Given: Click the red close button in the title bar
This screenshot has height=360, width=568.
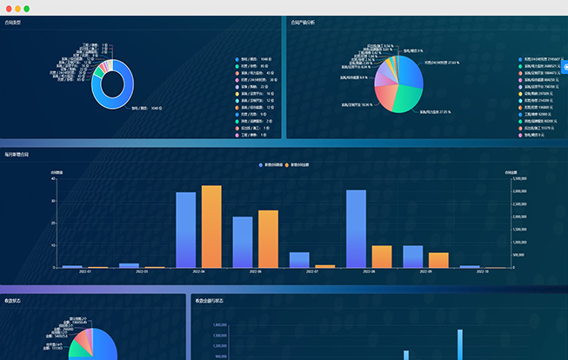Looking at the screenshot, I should coord(7,8).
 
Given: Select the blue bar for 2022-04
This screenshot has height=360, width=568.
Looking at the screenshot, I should coord(185,230).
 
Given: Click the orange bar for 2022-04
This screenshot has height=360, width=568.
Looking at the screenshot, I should coord(211,226).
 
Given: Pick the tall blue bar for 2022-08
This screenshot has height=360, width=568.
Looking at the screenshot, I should coord(356,229).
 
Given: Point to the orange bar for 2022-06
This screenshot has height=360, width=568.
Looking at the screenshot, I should coord(268,239).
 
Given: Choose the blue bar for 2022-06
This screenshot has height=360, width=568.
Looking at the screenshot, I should coord(243,242).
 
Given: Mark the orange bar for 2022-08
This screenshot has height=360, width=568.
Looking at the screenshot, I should coord(381,257).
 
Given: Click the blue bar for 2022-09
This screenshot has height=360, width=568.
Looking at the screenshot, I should coord(413,257).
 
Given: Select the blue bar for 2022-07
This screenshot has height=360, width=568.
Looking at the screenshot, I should coord(299,260).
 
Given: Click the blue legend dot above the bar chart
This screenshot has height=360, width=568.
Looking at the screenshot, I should coord(260,164).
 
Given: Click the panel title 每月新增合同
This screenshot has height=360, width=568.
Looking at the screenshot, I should coord(17,154).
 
